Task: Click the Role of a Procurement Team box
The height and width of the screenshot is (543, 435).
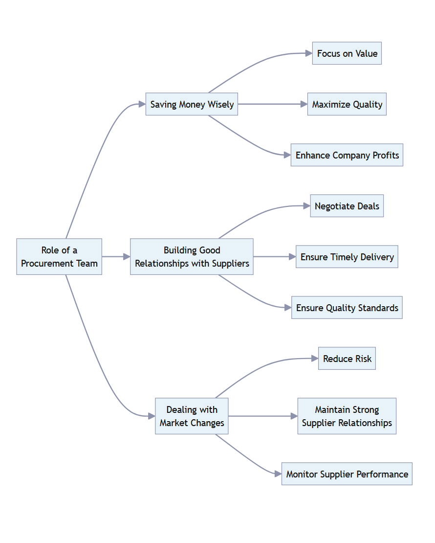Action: [x=59, y=256]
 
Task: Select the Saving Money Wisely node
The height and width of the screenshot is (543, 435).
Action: [x=192, y=104]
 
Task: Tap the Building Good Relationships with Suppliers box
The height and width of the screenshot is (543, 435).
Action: [x=192, y=256]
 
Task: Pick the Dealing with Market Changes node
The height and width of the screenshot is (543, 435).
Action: [x=192, y=416]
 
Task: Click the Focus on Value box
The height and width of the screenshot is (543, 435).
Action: [x=347, y=53]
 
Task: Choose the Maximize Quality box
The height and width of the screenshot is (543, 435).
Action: [x=347, y=104]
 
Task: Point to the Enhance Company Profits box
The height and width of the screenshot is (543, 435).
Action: [x=347, y=155]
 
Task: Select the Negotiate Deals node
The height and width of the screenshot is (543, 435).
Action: [x=347, y=206]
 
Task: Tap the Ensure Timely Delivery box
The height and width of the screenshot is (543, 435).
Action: [x=347, y=257]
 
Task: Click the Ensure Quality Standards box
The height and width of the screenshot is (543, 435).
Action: [x=347, y=308]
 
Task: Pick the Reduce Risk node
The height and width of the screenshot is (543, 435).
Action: [x=347, y=359]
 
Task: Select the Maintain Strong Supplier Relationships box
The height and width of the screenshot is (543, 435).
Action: [x=347, y=416]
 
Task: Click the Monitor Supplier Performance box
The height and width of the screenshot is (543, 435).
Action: [x=347, y=474]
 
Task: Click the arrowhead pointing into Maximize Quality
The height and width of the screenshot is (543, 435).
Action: [x=304, y=104]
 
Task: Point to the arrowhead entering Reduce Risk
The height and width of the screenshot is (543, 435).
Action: [x=314, y=359]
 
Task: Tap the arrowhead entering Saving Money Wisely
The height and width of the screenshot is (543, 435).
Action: [x=142, y=104]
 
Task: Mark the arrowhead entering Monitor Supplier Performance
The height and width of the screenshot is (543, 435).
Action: [x=278, y=474]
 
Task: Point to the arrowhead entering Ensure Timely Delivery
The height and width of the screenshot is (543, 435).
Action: [x=292, y=256]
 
